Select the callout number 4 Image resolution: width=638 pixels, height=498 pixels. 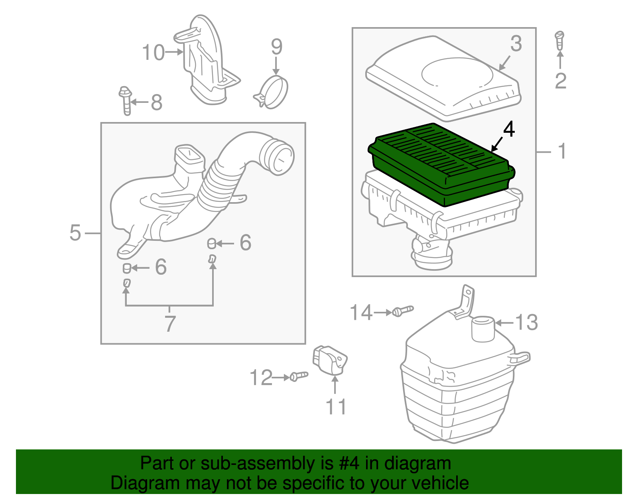509,129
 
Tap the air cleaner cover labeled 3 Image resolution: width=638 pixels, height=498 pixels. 443,80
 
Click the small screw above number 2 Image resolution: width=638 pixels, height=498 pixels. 559,40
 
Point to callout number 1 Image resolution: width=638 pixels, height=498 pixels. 562,152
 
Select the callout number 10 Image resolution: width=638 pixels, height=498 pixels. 153,53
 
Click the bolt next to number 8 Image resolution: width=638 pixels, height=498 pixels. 126,100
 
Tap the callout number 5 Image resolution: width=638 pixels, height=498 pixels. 75,232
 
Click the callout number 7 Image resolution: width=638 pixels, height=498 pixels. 170,323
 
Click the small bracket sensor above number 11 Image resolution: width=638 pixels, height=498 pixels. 330,360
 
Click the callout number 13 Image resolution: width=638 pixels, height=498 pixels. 526,322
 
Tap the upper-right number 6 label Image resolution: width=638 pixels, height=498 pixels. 245,242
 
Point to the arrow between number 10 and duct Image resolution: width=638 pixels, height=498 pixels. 174,52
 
